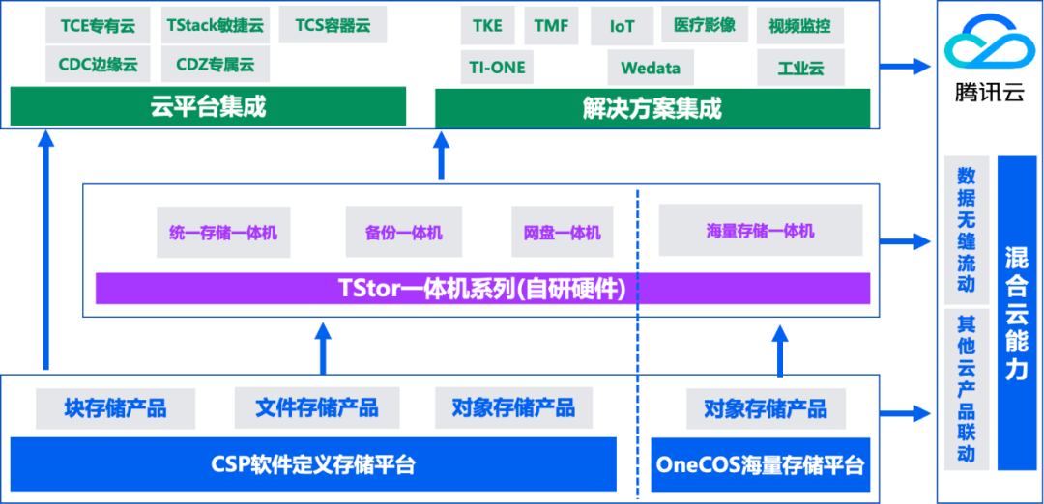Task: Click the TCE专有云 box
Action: coord(98,25)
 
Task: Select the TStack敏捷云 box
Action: coord(215,25)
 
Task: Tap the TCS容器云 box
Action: coord(332,25)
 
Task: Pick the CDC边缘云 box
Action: coord(98,66)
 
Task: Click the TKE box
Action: coord(487,25)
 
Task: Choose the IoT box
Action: coord(623,26)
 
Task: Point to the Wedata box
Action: coord(650,69)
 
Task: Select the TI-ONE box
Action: coord(497,69)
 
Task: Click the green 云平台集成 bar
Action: coord(208,106)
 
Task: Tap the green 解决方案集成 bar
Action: coord(652,107)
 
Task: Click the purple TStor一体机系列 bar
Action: coord(482,288)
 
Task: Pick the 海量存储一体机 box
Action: coord(760,231)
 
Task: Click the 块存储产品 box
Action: coord(115,408)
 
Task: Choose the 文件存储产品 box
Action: coord(316,408)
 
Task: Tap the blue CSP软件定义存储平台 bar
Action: coord(312,464)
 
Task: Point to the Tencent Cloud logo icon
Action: coord(989,47)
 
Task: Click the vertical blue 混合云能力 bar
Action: coord(1016,313)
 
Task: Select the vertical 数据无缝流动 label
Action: coord(966,230)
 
